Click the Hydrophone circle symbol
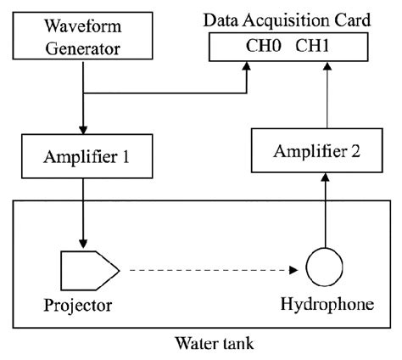322,270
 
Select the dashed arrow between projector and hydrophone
212,270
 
